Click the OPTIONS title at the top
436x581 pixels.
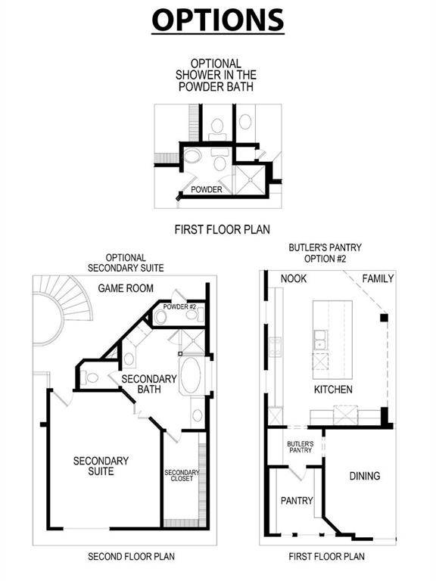pyautogui.click(x=218, y=20)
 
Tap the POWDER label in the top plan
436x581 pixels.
pyautogui.click(x=206, y=190)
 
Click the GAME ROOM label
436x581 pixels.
pyautogui.click(x=126, y=288)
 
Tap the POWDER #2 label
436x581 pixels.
pyautogui.click(x=179, y=306)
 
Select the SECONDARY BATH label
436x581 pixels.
pyautogui.click(x=149, y=384)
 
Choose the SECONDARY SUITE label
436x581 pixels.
pyautogui.click(x=101, y=465)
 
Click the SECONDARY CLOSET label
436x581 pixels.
pyautogui.click(x=182, y=477)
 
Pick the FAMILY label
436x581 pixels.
pyautogui.click(x=378, y=279)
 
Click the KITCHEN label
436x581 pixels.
pyautogui.click(x=334, y=390)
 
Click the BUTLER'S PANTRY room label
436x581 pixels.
pyautogui.click(x=300, y=447)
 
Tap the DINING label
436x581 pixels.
pyautogui.click(x=364, y=476)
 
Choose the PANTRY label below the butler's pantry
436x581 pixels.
pyautogui.click(x=297, y=500)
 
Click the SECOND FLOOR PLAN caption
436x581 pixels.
pyautogui.click(x=131, y=556)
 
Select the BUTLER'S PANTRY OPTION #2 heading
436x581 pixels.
pyautogui.click(x=325, y=253)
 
